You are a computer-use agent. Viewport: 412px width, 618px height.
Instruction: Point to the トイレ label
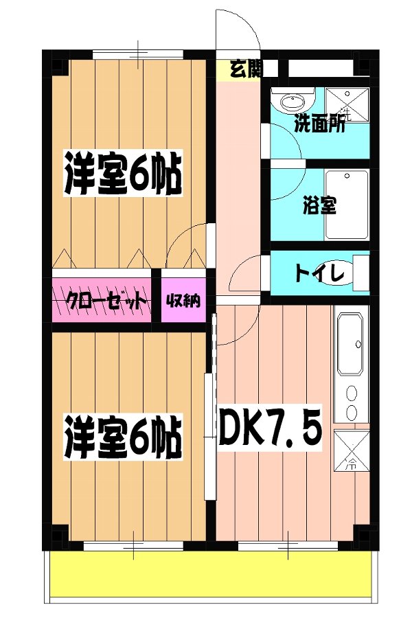tap(319, 273)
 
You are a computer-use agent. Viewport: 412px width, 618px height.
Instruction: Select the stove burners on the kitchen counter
tap(351, 402)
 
